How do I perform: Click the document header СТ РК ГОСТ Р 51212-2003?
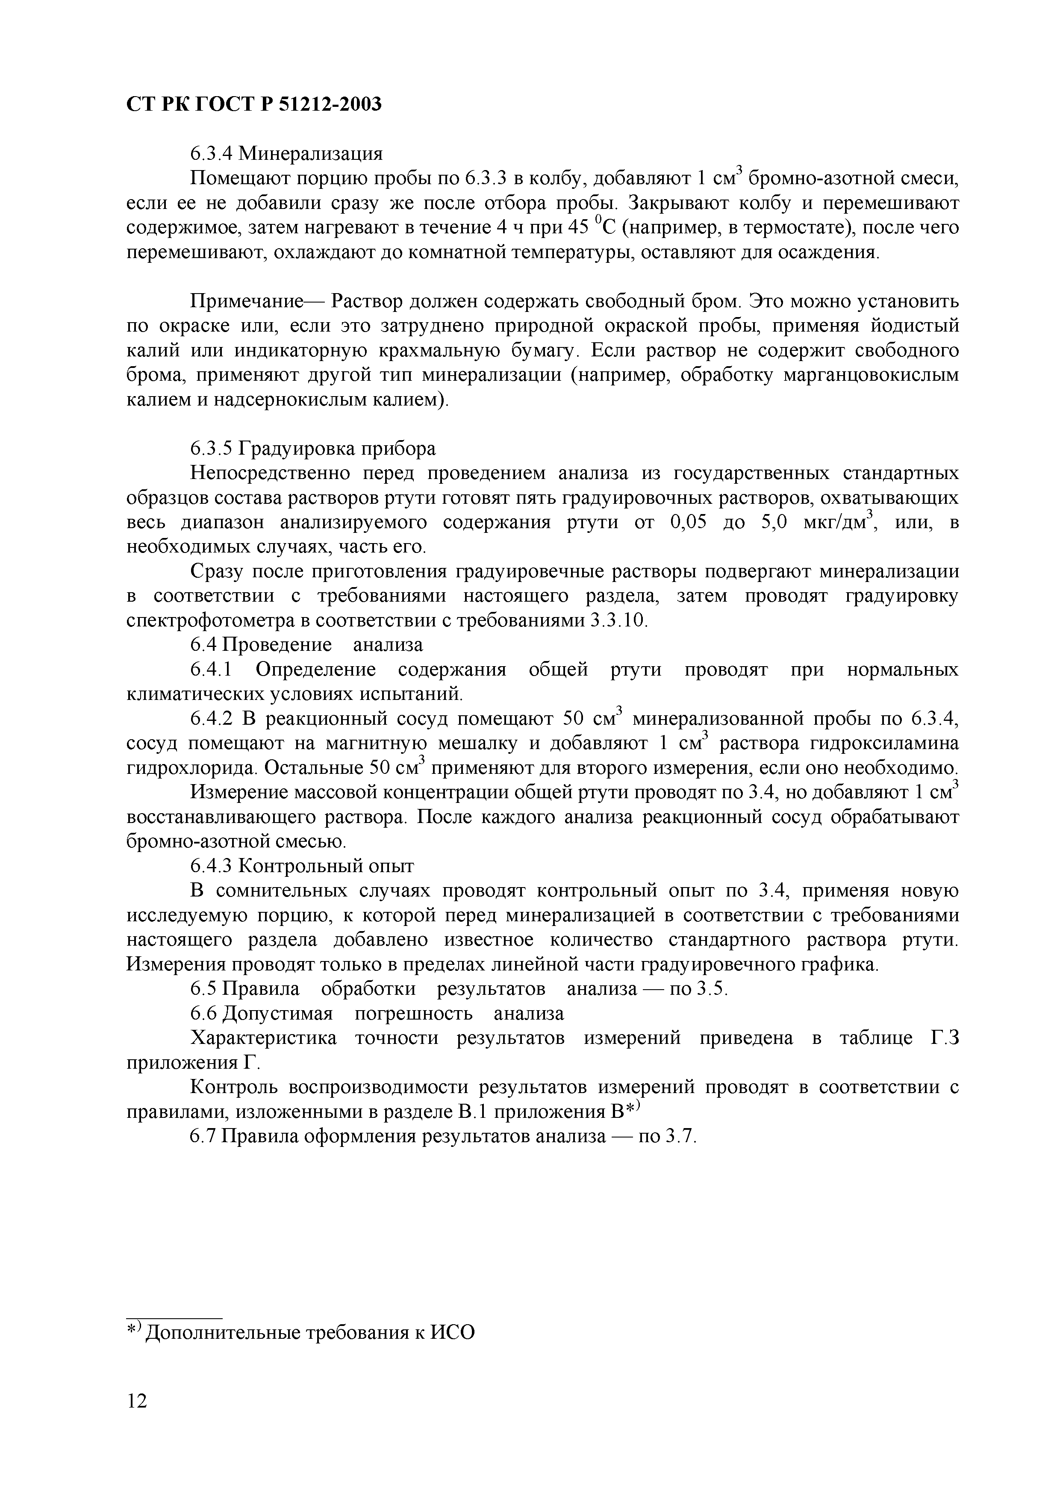coord(253,104)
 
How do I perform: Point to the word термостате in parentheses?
coord(795,228)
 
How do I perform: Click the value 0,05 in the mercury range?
coord(689,523)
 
